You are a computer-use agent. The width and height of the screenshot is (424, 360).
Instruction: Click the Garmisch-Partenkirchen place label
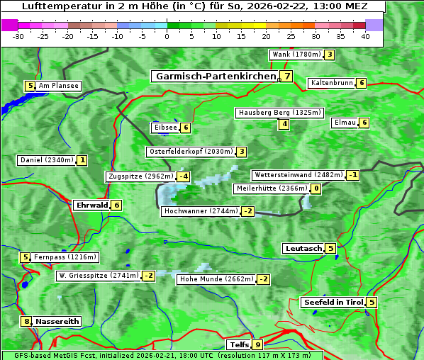pos(215,77)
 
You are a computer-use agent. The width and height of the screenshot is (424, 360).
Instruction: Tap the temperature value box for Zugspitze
pos(184,176)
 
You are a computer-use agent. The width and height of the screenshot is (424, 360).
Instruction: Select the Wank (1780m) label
pos(296,55)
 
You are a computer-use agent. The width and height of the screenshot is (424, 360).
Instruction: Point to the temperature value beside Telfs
pos(257,345)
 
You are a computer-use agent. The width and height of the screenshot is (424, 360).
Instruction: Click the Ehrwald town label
pos(91,206)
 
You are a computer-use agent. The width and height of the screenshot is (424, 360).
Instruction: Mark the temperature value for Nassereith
pos(27,321)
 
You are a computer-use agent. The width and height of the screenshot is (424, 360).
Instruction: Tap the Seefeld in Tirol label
pos(333,303)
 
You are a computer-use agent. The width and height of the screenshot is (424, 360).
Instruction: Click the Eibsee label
pos(164,128)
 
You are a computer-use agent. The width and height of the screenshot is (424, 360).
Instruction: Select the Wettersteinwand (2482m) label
pos(299,175)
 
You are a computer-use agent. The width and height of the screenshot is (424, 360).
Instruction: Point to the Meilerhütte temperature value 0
pos(316,189)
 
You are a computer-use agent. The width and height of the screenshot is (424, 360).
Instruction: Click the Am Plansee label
pos(59,86)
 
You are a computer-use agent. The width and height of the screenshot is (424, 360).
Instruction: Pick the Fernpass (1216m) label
pos(66,257)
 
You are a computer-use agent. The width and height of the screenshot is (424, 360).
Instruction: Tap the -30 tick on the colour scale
pos(18,35)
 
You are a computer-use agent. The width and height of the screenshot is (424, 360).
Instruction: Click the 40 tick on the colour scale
pos(365,35)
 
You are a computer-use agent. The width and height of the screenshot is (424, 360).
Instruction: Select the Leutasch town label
pos(303,248)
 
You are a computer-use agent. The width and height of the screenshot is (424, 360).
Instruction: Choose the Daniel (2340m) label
pos(46,160)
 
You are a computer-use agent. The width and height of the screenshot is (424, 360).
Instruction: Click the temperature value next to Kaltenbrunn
pos(361,83)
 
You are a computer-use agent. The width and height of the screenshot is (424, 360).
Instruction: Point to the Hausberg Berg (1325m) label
pos(279,113)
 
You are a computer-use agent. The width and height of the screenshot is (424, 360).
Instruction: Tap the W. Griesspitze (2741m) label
pos(99,276)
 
